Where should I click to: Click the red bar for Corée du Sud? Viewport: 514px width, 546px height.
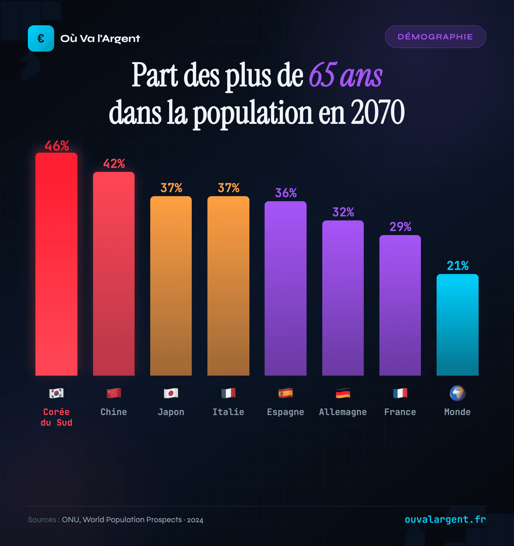pos(56,264)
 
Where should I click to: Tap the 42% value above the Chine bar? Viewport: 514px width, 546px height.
pos(114,164)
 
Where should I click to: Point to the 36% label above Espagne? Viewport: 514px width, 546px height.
pos(286,193)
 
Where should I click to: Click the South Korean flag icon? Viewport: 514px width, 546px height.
pos(56,393)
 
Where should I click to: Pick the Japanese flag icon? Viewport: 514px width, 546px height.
pos(171,393)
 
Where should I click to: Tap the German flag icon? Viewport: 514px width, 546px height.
pos(343,393)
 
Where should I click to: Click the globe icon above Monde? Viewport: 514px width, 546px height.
pos(457,393)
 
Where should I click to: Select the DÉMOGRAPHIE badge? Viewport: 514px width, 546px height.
pos(435,37)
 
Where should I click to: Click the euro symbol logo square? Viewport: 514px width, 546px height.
pos(41,38)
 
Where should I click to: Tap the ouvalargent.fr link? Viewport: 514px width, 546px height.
pos(445,519)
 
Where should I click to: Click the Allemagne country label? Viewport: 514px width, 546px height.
pos(343,412)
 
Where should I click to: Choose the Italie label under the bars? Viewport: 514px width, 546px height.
pos(228,412)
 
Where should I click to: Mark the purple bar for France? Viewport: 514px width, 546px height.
pos(400,305)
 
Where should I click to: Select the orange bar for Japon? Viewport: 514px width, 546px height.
pos(171,286)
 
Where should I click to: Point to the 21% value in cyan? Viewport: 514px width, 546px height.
pos(457,266)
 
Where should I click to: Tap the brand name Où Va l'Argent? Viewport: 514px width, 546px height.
pos(100,38)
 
